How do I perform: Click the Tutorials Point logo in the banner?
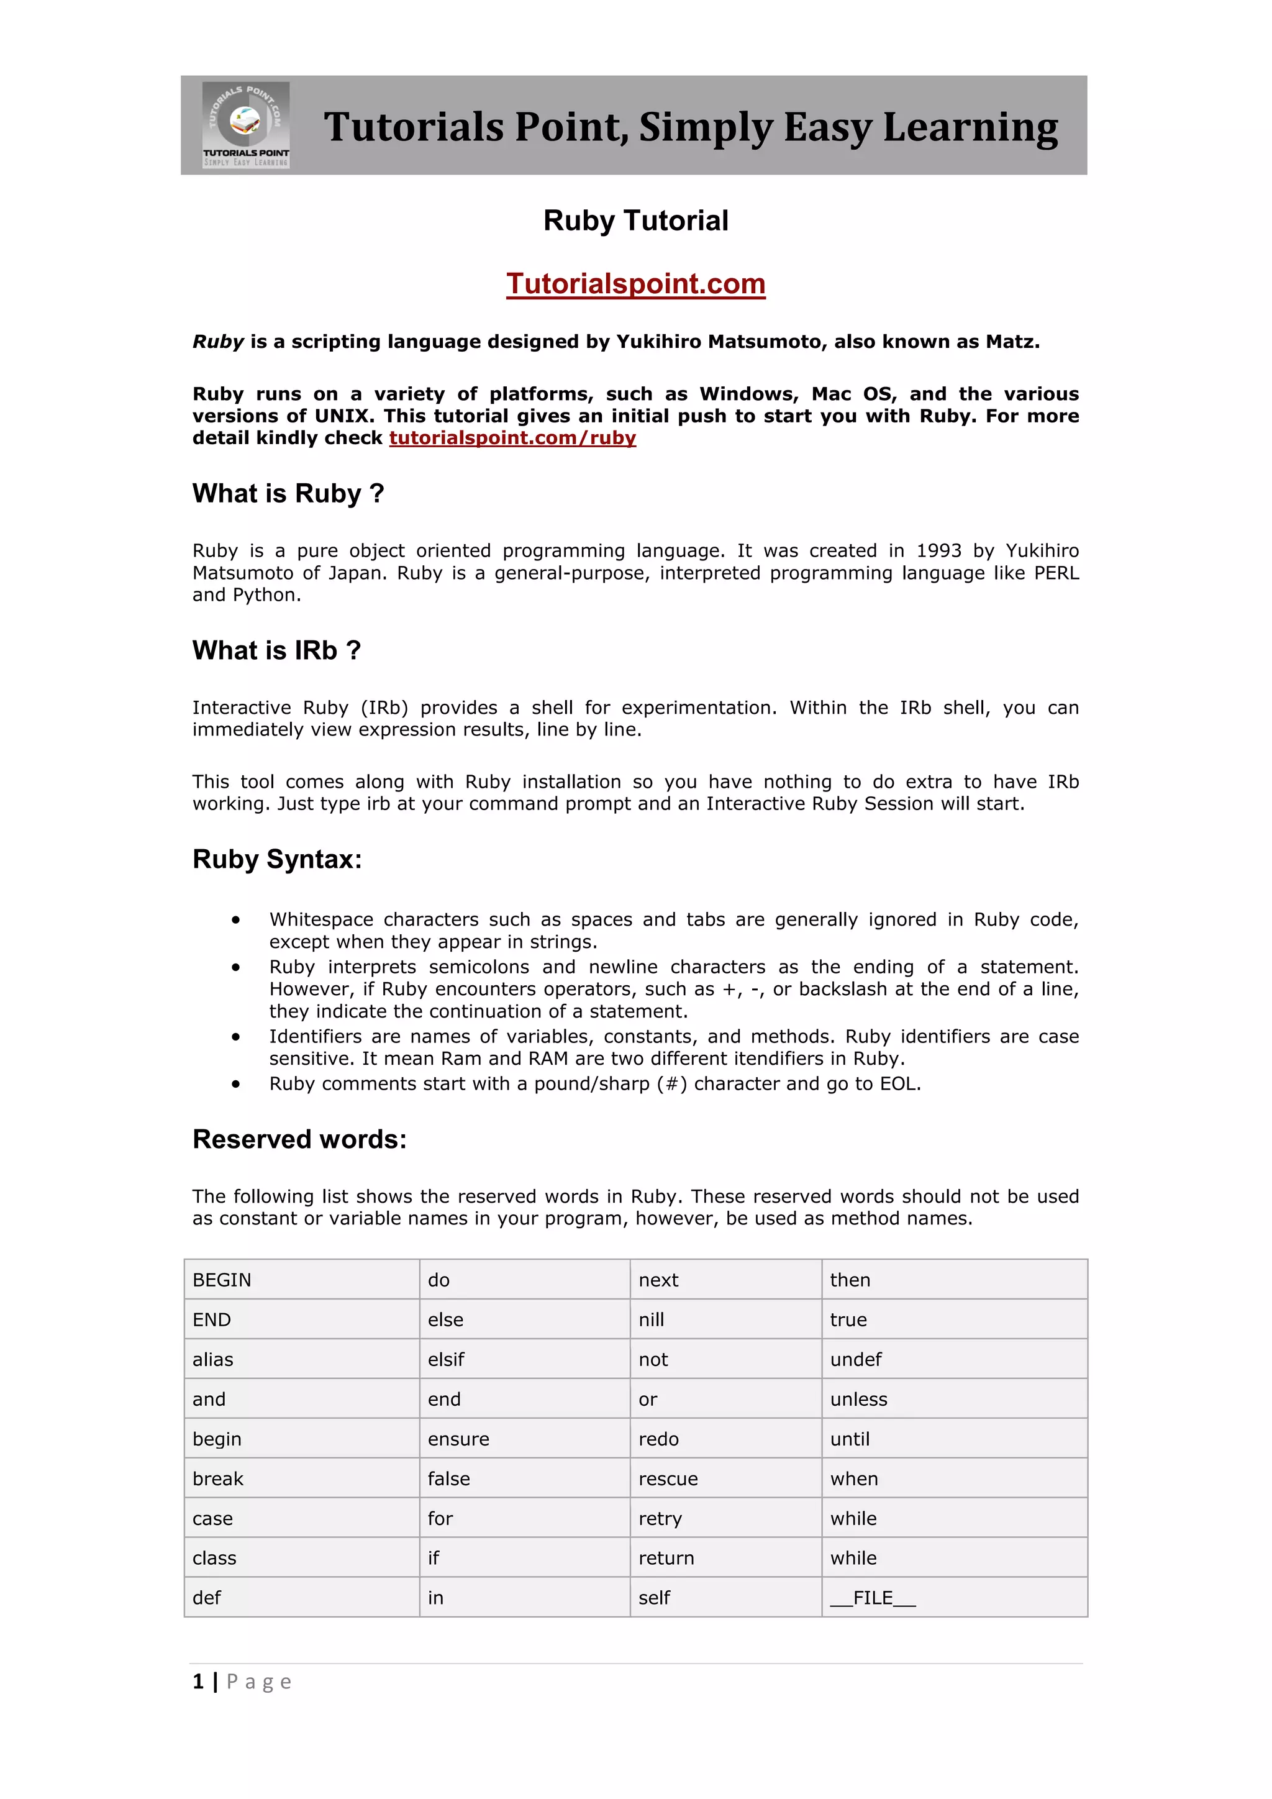[246, 125]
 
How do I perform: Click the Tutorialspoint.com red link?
[635, 284]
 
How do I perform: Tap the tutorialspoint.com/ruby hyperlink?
[512, 438]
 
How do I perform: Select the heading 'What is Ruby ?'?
[288, 494]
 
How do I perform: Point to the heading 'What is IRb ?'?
[276, 650]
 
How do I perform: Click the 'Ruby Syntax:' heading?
[277, 860]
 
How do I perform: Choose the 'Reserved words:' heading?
[299, 1139]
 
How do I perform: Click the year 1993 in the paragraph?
[938, 551]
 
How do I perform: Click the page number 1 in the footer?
[198, 1682]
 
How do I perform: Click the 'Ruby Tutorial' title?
[635, 221]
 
